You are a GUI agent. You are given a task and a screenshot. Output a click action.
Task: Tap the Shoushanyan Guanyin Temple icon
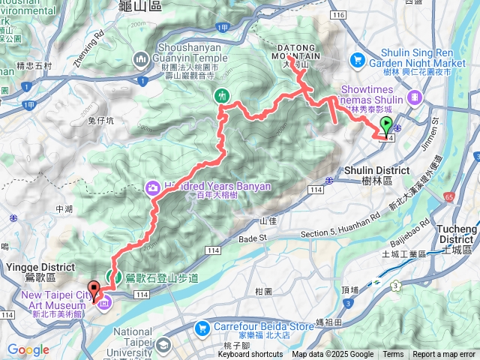click(x=141, y=59)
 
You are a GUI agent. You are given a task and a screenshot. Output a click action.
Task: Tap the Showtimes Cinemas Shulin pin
click(x=415, y=97)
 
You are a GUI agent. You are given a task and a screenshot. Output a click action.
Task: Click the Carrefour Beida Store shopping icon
click(x=201, y=328)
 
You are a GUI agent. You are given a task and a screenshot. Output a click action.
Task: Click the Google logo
click(x=28, y=350)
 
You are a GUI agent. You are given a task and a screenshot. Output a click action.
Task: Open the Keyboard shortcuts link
click(x=250, y=355)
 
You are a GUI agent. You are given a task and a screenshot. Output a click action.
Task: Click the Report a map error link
click(x=443, y=355)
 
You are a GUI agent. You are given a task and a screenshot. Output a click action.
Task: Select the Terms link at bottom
click(x=393, y=355)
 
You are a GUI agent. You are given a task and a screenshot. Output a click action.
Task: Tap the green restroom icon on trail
click(x=222, y=95)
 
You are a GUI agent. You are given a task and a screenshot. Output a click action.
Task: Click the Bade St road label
click(x=253, y=238)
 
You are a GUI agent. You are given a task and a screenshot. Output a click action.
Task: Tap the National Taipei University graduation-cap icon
click(x=163, y=346)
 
